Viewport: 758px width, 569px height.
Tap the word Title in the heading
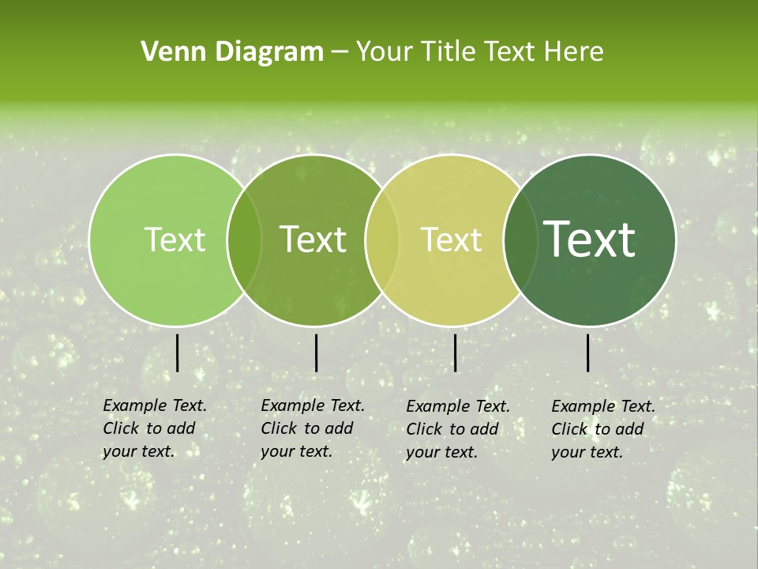pyautogui.click(x=446, y=52)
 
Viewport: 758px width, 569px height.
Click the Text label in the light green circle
pyautogui.click(x=174, y=240)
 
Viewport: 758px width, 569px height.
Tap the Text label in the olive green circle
pyautogui.click(x=313, y=240)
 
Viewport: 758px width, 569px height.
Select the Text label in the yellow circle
pyautogui.click(x=452, y=240)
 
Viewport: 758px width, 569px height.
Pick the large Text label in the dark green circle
pyautogui.click(x=590, y=240)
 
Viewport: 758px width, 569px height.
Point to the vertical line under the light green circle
pyautogui.click(x=177, y=352)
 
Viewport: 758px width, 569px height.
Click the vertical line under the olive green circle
pyautogui.click(x=316, y=352)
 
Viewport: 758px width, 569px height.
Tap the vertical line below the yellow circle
pyautogui.click(x=455, y=352)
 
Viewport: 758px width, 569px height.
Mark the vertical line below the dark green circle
pyautogui.click(x=588, y=352)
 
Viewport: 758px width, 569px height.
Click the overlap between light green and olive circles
pyautogui.click(x=244, y=240)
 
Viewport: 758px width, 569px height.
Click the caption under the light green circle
pyautogui.click(x=154, y=428)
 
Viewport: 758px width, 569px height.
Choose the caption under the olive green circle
pyautogui.click(x=312, y=428)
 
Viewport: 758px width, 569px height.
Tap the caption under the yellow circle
pyautogui.click(x=457, y=429)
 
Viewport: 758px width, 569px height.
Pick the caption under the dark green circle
pyautogui.click(x=602, y=429)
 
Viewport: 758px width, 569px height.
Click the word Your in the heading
pyautogui.click(x=385, y=52)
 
